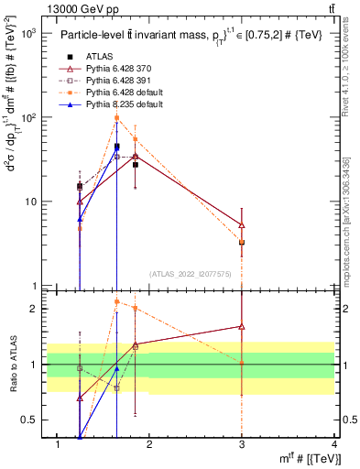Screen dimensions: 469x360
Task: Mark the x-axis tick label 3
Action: click(242, 444)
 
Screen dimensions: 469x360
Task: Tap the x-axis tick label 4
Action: click(334, 444)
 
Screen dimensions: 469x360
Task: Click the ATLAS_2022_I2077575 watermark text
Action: click(191, 273)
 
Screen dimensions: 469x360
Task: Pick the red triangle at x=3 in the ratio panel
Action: click(242, 326)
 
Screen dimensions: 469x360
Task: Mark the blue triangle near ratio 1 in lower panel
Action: click(116, 368)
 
